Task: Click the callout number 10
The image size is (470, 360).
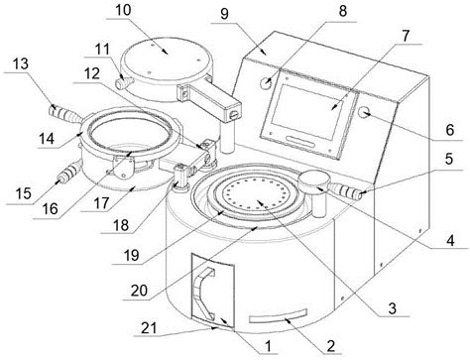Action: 123,10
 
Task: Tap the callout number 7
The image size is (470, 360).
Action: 406,36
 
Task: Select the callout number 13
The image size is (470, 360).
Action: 21,63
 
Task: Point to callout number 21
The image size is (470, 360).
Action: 149,328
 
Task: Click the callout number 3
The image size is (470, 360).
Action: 392,308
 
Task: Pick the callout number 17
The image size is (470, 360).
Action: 101,203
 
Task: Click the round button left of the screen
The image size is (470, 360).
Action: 266,82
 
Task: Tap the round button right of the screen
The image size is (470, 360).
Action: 365,113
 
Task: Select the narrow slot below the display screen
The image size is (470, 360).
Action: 300,141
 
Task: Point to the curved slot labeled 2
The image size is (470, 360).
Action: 279,316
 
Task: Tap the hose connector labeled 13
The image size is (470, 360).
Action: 64,114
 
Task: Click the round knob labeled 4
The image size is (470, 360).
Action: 314,180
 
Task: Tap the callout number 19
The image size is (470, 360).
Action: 132,255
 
